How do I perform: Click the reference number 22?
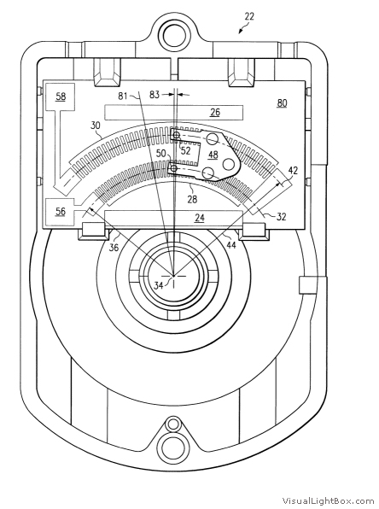tap(249, 16)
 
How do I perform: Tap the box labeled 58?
tap(61, 97)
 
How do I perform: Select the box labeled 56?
tap(61, 212)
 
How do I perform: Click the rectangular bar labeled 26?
tap(173, 113)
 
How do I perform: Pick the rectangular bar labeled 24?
tap(173, 218)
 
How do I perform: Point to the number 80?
tap(282, 102)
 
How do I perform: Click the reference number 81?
tap(122, 97)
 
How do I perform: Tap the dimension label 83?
tap(155, 95)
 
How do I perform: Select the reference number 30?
tap(96, 126)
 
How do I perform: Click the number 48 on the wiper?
tap(213, 155)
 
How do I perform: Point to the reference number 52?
tap(185, 150)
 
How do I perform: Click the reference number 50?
tap(161, 153)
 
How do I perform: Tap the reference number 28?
tap(192, 199)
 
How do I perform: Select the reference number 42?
tap(293, 171)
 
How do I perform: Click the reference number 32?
tap(282, 217)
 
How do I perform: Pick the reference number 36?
tap(114, 248)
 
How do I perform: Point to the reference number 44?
tap(230, 245)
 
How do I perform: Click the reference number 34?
tap(159, 285)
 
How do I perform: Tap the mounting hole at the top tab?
tap(174, 35)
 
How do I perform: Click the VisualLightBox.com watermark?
tap(328, 500)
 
